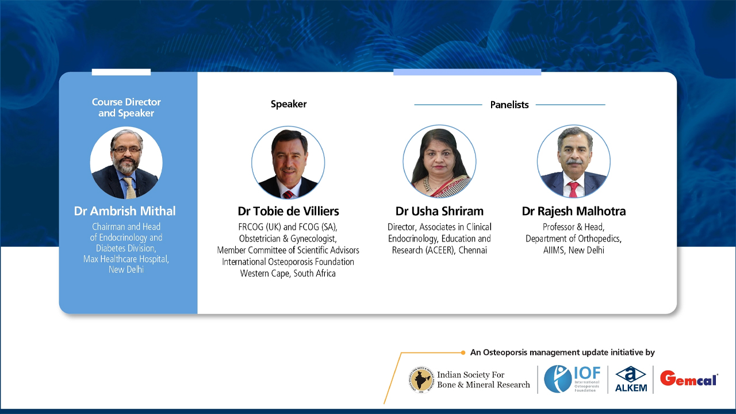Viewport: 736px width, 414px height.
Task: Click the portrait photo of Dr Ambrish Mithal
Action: [126, 163]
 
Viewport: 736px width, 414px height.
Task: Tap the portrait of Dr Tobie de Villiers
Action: [288, 163]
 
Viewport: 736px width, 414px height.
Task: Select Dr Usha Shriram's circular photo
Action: [439, 162]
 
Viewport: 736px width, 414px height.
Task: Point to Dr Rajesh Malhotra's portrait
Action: [573, 162]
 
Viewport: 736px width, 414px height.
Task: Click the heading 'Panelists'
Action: [509, 105]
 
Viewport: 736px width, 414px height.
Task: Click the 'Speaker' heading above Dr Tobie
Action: [289, 104]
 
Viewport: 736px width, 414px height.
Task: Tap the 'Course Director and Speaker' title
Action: [126, 108]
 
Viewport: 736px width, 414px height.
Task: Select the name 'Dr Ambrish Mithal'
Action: [125, 211]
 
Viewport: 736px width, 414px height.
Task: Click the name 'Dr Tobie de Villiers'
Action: [288, 211]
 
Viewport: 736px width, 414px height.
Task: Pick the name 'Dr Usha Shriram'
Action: [439, 211]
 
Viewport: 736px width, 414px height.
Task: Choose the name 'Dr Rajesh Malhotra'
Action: [573, 211]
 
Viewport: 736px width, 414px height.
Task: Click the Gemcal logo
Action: [688, 378]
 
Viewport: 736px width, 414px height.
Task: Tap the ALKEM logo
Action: [631, 379]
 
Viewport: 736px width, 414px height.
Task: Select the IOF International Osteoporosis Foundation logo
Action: [572, 379]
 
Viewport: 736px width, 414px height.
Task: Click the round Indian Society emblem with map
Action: [421, 379]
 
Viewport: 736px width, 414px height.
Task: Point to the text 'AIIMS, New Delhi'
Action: [573, 250]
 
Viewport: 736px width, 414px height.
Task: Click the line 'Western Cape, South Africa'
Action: [288, 274]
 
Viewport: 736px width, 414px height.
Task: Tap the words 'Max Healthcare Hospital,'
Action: [126, 259]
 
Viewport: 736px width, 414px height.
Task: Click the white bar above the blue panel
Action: [121, 72]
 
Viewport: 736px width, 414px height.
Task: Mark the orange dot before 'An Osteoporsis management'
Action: [463, 352]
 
